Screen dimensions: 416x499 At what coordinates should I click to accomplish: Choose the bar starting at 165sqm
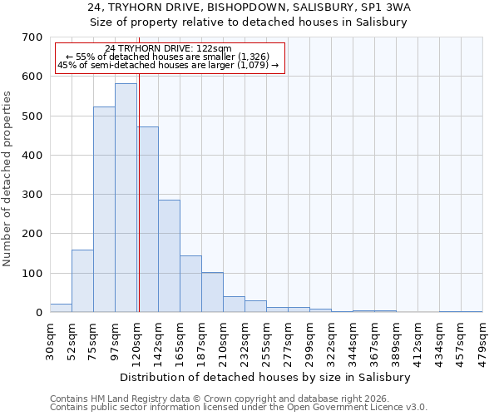(x=190, y=284)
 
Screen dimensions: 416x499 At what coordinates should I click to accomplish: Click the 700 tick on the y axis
(x=32, y=37)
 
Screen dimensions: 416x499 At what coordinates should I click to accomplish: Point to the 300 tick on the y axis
(x=32, y=195)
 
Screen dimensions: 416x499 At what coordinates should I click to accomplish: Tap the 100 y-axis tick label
(x=32, y=274)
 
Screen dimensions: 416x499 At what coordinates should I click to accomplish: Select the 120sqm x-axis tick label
(x=136, y=340)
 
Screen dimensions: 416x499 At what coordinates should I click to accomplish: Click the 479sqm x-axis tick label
(x=482, y=340)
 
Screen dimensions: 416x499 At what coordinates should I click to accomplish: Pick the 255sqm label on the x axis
(x=266, y=340)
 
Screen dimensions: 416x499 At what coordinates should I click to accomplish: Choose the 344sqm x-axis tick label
(x=353, y=340)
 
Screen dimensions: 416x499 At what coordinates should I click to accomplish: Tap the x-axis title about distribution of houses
(x=266, y=377)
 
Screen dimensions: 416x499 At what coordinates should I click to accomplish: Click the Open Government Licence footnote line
(x=239, y=408)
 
